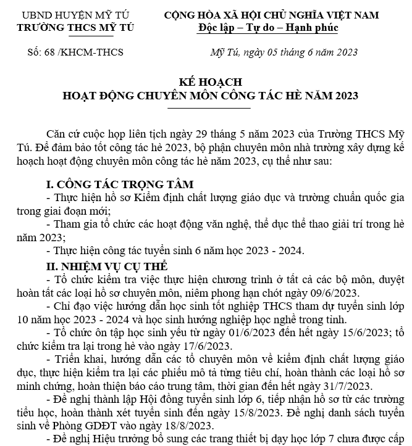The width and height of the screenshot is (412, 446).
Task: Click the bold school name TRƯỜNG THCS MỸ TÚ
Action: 75,28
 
